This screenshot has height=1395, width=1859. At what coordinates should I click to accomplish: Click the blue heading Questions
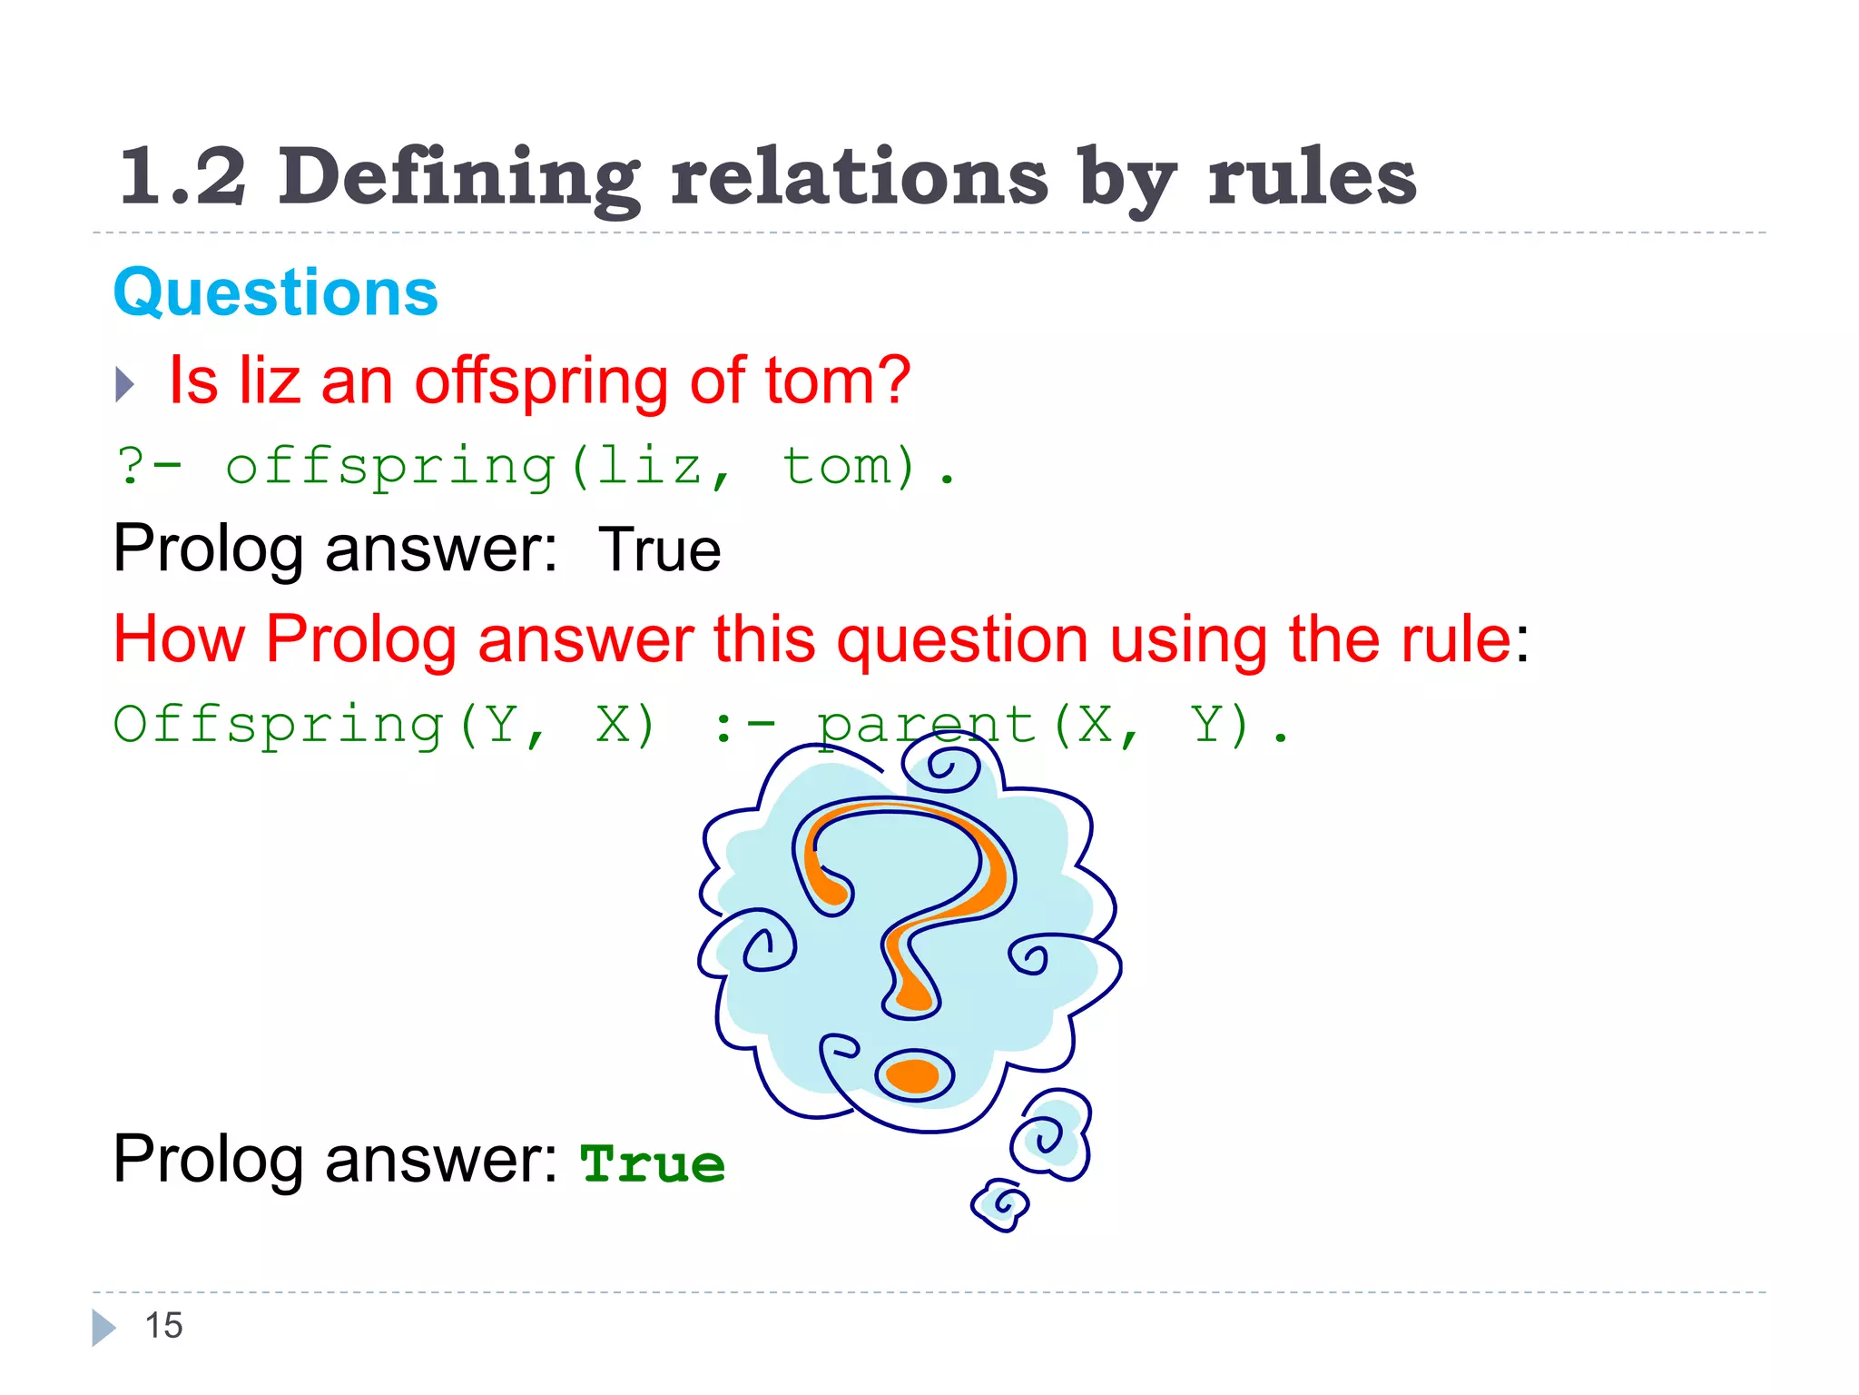[x=275, y=293]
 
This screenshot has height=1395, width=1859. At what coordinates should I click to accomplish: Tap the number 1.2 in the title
[x=182, y=176]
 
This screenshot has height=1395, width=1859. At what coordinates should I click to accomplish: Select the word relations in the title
[x=859, y=176]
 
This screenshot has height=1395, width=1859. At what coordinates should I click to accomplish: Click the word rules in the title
[x=1312, y=176]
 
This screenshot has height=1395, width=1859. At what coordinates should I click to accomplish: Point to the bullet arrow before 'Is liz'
[x=125, y=384]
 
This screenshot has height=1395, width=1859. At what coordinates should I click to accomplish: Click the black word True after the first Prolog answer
[x=660, y=549]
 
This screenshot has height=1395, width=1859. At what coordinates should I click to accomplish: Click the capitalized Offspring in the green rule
[x=278, y=726]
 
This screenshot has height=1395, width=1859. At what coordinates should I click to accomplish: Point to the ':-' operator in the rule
[x=744, y=727]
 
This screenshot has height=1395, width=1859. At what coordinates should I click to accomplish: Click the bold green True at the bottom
[x=653, y=1164]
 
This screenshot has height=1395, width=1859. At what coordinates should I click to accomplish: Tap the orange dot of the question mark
[x=912, y=1075]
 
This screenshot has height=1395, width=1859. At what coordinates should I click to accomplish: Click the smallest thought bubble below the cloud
[x=1000, y=1204]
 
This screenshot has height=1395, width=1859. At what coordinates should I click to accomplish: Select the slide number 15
[x=164, y=1326]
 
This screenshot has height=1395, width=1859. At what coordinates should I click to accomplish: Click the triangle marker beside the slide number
[x=103, y=1327]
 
